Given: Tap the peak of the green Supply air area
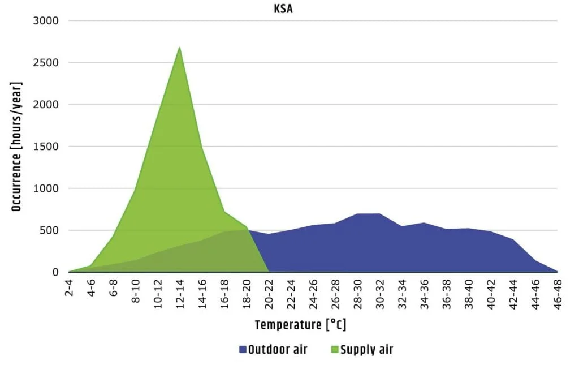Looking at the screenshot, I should coord(180,48).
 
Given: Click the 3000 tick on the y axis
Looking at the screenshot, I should coord(47,21).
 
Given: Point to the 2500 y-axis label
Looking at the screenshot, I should coord(47,63).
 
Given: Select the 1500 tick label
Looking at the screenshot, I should coord(47,147).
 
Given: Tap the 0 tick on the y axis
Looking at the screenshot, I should coord(55,272).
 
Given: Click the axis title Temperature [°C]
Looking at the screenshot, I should coord(300,325).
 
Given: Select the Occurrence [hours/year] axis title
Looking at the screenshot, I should coord(16,147).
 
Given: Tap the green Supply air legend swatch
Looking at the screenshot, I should coord(334,350).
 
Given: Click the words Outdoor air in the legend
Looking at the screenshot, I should coord(278,350).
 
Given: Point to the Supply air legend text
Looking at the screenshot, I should coord(366,350).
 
